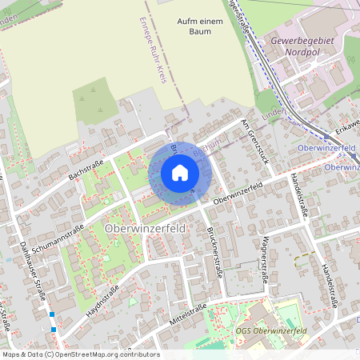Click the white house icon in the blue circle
(179, 172)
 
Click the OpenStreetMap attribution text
(80, 354)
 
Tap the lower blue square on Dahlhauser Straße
(54, 329)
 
